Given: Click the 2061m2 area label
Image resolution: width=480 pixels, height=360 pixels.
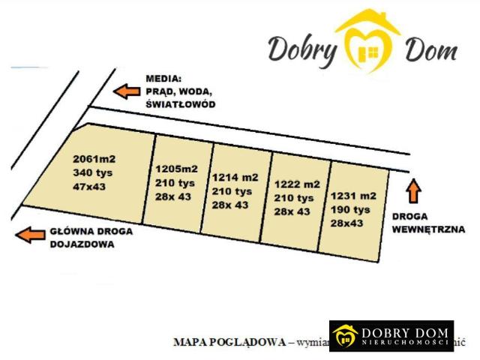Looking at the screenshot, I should coord(94,160).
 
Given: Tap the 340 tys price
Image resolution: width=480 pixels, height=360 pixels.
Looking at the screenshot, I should coord(91,173).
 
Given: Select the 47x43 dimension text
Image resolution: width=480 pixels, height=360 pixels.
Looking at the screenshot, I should coord(90,187).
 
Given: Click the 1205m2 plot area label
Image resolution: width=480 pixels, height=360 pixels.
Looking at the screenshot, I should coord(178,169).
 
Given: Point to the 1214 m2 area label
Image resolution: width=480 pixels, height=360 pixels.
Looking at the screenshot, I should coord(235,178).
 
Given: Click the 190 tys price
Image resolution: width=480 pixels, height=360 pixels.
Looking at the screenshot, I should coord(350,210).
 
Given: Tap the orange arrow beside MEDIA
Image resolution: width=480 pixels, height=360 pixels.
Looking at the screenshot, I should coord(126,91).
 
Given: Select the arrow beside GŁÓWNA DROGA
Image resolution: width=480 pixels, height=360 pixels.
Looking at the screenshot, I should coord(30,235).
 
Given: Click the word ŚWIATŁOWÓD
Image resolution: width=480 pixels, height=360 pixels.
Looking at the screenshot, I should coord(181,105).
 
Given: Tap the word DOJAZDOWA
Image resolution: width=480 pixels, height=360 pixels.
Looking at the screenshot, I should coord(82,244).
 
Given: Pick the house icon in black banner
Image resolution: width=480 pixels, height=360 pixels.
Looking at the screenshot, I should coord(345,337).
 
